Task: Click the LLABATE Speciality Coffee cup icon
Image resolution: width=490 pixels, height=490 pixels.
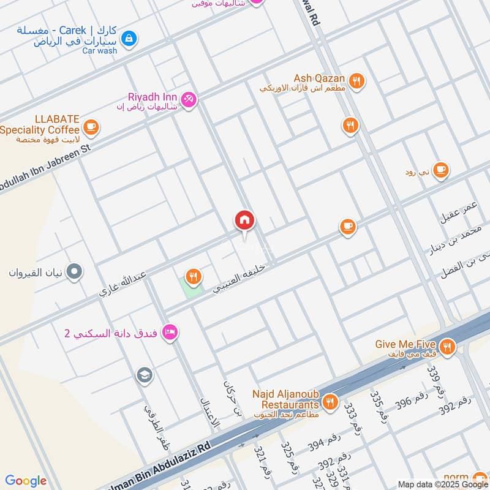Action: click(x=91, y=127)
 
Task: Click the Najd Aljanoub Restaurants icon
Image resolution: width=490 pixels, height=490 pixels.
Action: click(x=330, y=402)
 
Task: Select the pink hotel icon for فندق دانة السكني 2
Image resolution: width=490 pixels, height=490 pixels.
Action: click(x=171, y=331)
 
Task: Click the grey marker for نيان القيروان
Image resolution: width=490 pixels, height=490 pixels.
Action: click(x=75, y=271)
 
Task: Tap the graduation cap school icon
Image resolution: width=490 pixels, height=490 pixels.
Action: click(x=145, y=374)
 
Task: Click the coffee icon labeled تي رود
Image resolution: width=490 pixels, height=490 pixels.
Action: click(x=440, y=171)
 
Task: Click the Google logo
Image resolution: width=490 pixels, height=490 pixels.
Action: click(x=26, y=481)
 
